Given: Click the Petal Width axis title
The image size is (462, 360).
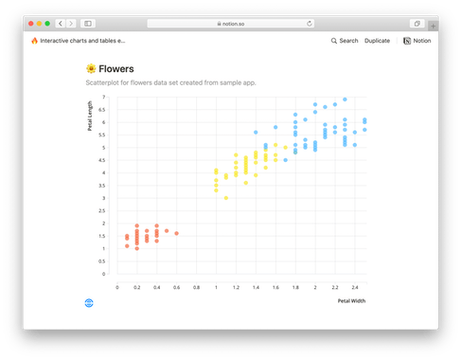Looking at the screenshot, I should [x=351, y=300].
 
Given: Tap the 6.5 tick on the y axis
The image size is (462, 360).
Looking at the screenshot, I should [x=105, y=109].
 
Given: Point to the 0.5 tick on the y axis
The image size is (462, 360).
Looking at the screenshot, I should [x=105, y=261].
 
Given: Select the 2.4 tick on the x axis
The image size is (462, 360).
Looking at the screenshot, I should [x=355, y=286].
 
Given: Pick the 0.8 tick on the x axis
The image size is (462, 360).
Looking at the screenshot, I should [x=196, y=286].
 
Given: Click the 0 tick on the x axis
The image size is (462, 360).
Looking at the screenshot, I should [x=116, y=286].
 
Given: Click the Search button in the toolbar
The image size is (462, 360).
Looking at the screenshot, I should [x=345, y=41].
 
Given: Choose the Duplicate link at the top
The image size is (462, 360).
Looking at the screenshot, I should [x=377, y=41].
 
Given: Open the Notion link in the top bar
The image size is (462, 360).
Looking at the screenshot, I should [x=418, y=41].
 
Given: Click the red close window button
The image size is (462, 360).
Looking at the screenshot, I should [x=28, y=23].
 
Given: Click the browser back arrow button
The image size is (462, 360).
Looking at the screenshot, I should [x=61, y=23].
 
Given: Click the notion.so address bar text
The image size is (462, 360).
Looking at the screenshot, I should [x=231, y=23].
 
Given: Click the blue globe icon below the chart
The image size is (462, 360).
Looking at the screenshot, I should [x=89, y=301].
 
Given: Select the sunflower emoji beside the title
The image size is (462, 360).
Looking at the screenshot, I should [x=91, y=68].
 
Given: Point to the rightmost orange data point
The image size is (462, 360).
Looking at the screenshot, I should [x=176, y=233].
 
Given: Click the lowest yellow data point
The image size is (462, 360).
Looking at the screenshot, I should [x=225, y=198].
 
